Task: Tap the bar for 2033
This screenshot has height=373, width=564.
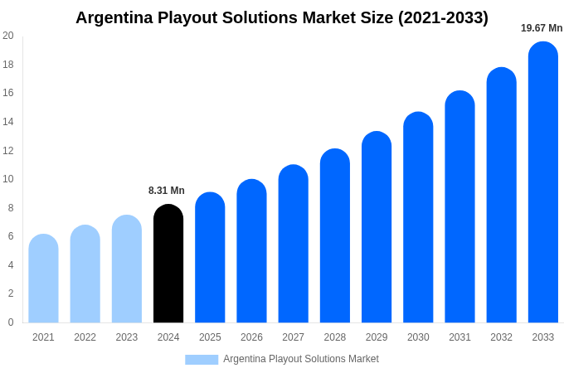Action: (x=542, y=182)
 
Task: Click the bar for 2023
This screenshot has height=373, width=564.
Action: (x=127, y=269)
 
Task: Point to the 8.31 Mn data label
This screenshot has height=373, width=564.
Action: (x=167, y=191)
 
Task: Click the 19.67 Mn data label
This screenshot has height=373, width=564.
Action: (x=542, y=28)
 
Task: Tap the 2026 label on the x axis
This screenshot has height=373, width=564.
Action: (x=251, y=337)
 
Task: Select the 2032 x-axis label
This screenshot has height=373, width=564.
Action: (x=501, y=337)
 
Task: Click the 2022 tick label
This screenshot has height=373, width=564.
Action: (x=85, y=337)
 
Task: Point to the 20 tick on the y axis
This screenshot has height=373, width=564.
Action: (x=8, y=36)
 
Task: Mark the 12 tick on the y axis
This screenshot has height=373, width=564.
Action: (x=8, y=151)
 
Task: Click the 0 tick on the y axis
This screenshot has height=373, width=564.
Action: (x=11, y=322)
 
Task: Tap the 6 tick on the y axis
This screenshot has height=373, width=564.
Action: (x=11, y=236)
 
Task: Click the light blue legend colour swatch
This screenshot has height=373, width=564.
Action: (x=202, y=360)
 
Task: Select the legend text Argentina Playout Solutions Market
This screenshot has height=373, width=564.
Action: (x=301, y=359)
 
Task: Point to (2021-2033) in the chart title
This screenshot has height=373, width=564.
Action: (x=443, y=17)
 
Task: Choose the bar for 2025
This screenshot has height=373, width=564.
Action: (x=210, y=258)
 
